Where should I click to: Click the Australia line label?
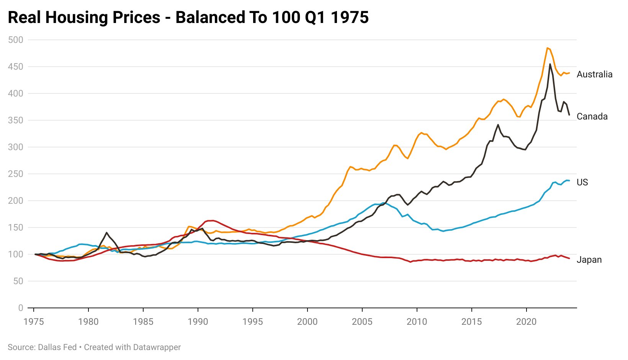594,74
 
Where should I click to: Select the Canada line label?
592,116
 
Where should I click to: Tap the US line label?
582,182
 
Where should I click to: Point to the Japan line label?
589,260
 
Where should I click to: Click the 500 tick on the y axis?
15,40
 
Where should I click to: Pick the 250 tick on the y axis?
15,174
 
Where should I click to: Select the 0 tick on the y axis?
20,308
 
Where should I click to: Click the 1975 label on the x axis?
34,322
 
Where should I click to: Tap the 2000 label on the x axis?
307,322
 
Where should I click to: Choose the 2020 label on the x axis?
526,322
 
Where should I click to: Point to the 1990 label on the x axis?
198,322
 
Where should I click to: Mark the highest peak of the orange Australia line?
548,48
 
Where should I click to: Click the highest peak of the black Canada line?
550,64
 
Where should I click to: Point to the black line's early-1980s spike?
106,232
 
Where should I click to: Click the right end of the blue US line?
569,180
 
